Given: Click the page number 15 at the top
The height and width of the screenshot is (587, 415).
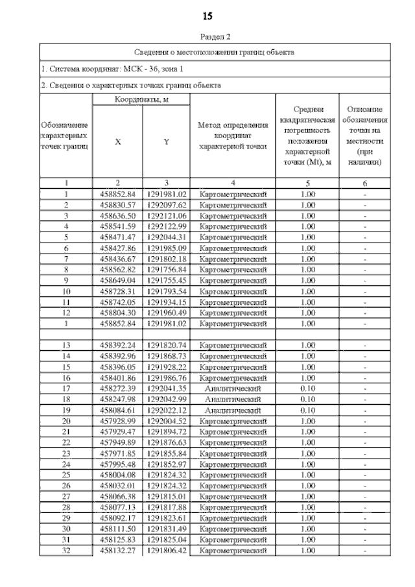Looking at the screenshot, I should [x=207, y=15].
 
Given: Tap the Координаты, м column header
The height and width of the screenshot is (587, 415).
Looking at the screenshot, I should [x=141, y=100].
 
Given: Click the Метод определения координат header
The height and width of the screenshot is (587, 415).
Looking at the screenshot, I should [x=233, y=136].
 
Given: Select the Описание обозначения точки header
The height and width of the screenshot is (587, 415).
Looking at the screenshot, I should [x=367, y=136].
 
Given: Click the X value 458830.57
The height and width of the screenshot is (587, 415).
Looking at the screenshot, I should [x=117, y=205].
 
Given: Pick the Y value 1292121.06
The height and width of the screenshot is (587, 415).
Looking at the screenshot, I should [x=166, y=215].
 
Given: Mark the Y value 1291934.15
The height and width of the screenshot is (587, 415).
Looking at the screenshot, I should [x=166, y=302].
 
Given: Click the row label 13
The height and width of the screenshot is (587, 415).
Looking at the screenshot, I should [x=66, y=346].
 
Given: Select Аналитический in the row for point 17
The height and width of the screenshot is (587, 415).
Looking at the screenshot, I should [x=233, y=389].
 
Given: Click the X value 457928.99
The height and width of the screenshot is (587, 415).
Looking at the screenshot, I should [x=117, y=421].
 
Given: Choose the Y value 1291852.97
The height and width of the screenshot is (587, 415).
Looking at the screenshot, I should [x=166, y=464].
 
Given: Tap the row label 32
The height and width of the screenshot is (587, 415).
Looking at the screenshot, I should [x=66, y=550].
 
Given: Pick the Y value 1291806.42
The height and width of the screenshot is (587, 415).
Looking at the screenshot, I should [x=166, y=550].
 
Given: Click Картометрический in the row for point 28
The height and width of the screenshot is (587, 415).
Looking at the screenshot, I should [x=233, y=507].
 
